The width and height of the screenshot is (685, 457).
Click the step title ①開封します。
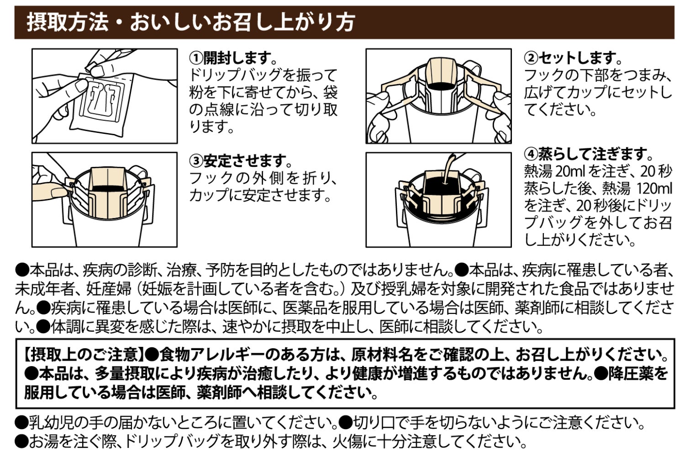click(234, 58)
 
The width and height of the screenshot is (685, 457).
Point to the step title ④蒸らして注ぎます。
click(589, 153)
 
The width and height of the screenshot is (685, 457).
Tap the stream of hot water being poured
click(448, 165)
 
